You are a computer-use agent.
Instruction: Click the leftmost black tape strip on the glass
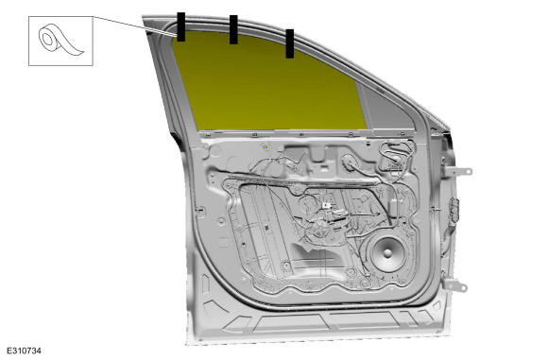[x=180, y=26]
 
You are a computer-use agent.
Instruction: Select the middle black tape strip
[x=233, y=29]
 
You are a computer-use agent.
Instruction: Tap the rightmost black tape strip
[x=290, y=43]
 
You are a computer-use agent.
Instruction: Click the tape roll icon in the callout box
[x=60, y=41]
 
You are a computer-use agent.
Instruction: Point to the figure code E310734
[x=24, y=351]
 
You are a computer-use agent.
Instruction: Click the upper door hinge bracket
[x=458, y=171]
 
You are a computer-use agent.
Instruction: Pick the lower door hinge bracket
[x=455, y=285]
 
